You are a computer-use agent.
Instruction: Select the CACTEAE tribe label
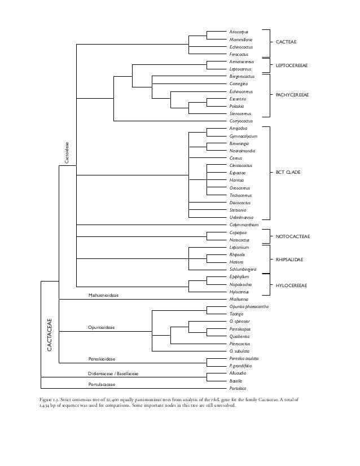[287, 42]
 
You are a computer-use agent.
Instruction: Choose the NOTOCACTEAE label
[293, 236]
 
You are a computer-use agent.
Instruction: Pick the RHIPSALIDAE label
[290, 259]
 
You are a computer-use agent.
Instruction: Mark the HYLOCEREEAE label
[291, 285]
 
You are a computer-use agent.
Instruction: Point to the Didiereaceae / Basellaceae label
[113, 373]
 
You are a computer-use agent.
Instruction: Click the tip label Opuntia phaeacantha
[249, 306]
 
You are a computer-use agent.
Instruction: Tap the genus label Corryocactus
[242, 121]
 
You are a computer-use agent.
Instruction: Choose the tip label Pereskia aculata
[244, 359]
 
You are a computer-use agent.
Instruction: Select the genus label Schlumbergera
[243, 270]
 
